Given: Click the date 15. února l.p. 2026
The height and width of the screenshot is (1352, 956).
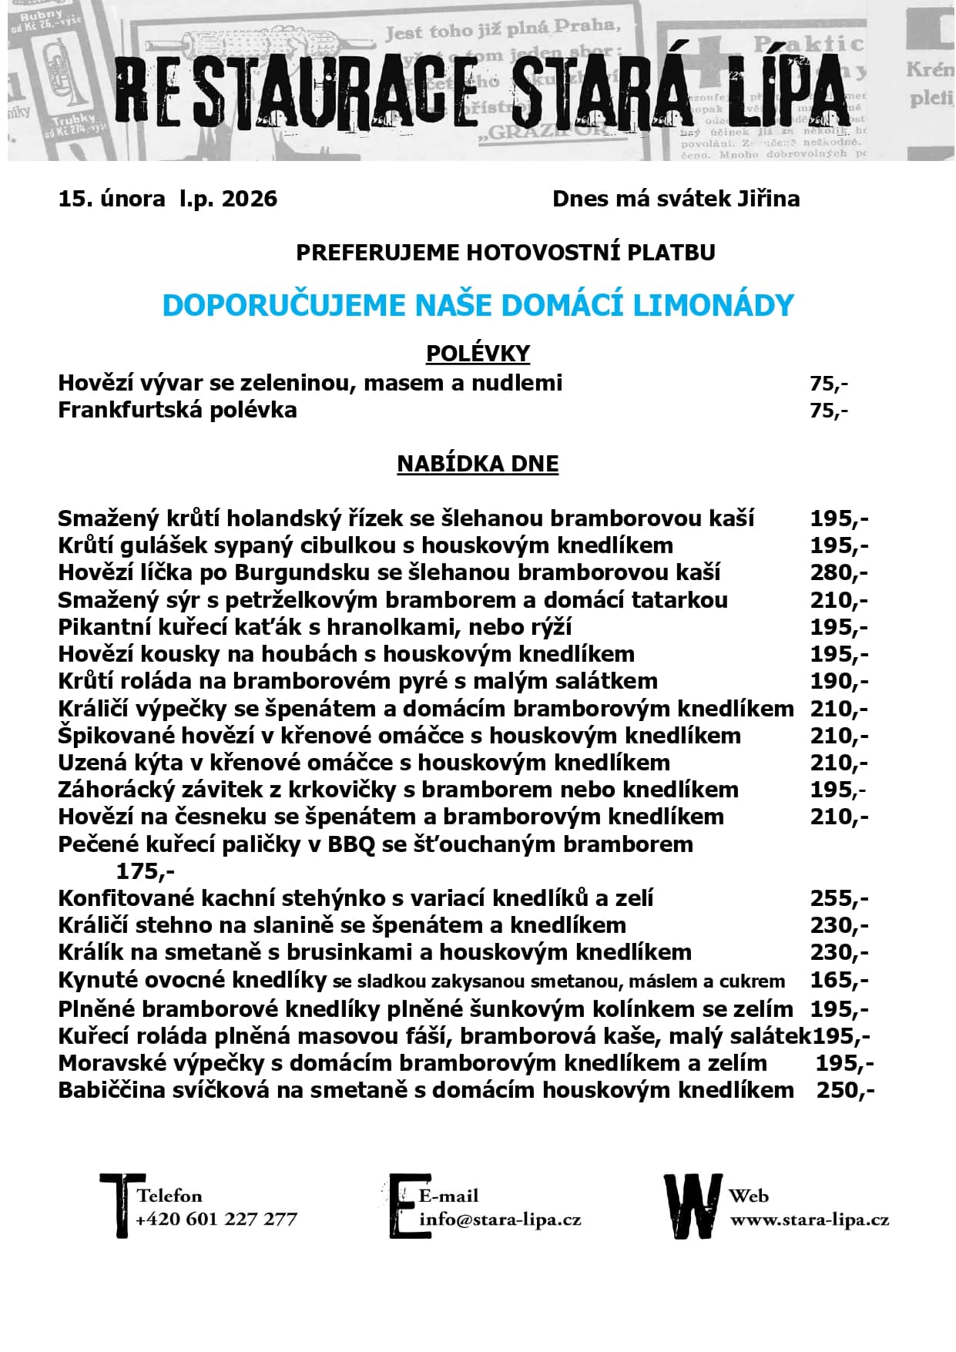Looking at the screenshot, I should (167, 199).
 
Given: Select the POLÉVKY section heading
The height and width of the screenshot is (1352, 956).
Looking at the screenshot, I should (478, 354).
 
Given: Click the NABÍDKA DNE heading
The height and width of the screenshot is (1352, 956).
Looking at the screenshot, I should (478, 464).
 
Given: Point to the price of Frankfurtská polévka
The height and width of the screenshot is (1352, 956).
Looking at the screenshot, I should (828, 411).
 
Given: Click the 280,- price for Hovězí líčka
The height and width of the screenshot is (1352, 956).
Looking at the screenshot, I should (838, 572).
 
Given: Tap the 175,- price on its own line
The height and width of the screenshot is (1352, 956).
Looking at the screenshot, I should (145, 871).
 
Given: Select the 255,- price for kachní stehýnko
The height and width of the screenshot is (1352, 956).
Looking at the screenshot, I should (838, 898).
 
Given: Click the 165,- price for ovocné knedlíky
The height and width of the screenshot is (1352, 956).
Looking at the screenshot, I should (838, 980).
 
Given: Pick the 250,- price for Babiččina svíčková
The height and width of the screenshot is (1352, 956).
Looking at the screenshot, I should (844, 1090).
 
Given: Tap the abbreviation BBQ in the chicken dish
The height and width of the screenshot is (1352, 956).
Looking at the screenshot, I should (351, 844).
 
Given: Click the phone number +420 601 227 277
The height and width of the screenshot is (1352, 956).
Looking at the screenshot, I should (216, 1219).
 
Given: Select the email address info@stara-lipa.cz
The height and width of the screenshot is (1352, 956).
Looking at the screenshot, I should (500, 1219).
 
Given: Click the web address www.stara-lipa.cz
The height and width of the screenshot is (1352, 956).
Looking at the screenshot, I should (809, 1219).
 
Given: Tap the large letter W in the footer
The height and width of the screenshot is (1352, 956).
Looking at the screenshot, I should (693, 1206).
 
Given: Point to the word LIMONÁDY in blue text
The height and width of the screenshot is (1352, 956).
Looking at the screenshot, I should (713, 305).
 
